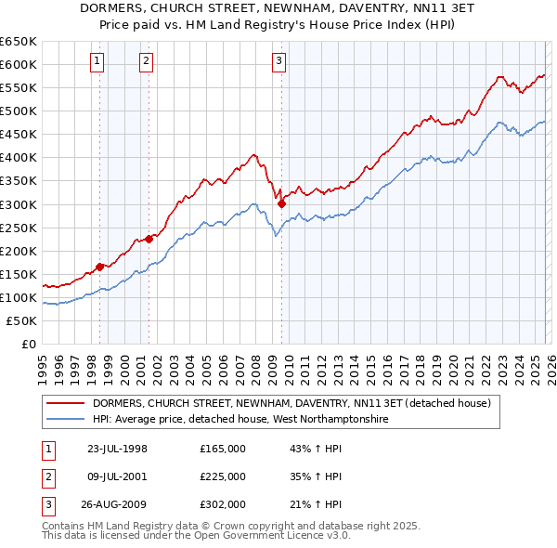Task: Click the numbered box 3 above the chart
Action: click(x=279, y=62)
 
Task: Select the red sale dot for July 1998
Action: click(x=100, y=267)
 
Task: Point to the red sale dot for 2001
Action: click(x=149, y=239)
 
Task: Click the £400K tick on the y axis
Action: click(x=19, y=158)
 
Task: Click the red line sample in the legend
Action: click(x=67, y=404)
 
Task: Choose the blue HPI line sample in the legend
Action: click(x=67, y=420)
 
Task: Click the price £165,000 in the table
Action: click(x=223, y=449)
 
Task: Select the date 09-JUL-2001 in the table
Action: click(x=117, y=476)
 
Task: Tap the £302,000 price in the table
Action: click(x=223, y=504)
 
